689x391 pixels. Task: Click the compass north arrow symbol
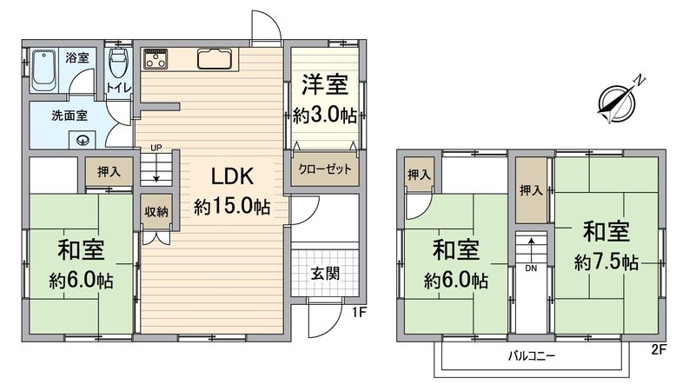click(619, 98)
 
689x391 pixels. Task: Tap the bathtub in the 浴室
click(43, 70)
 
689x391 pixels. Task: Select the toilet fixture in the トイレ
click(118, 63)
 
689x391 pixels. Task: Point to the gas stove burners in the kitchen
click(156, 59)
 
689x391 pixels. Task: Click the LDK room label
click(230, 176)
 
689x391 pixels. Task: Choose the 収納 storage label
click(157, 210)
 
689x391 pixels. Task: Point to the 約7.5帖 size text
click(606, 262)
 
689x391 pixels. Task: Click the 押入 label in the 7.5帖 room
click(531, 190)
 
